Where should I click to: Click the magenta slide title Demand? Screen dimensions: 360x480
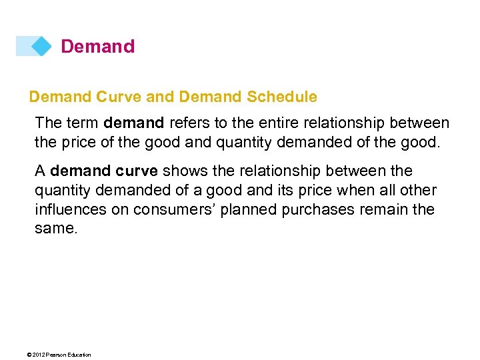click(x=97, y=47)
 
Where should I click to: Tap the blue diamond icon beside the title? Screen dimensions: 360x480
click(x=41, y=46)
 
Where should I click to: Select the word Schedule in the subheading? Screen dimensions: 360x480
click(x=282, y=97)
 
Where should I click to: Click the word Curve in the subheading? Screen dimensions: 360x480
click(x=118, y=97)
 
